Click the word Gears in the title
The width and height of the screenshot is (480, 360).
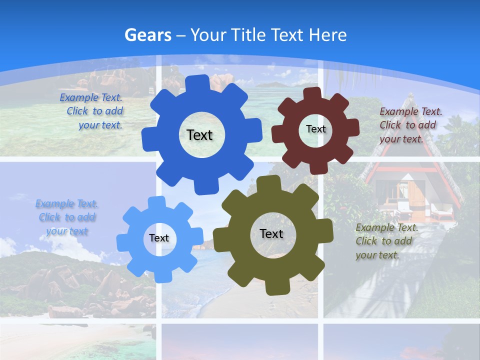point(147,35)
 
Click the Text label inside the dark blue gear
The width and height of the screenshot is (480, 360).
point(199,135)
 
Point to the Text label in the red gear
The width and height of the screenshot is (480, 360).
point(315,129)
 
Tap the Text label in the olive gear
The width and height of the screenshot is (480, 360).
point(271,233)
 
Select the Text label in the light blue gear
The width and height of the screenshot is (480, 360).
point(159,238)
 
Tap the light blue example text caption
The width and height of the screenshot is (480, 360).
point(67,217)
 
